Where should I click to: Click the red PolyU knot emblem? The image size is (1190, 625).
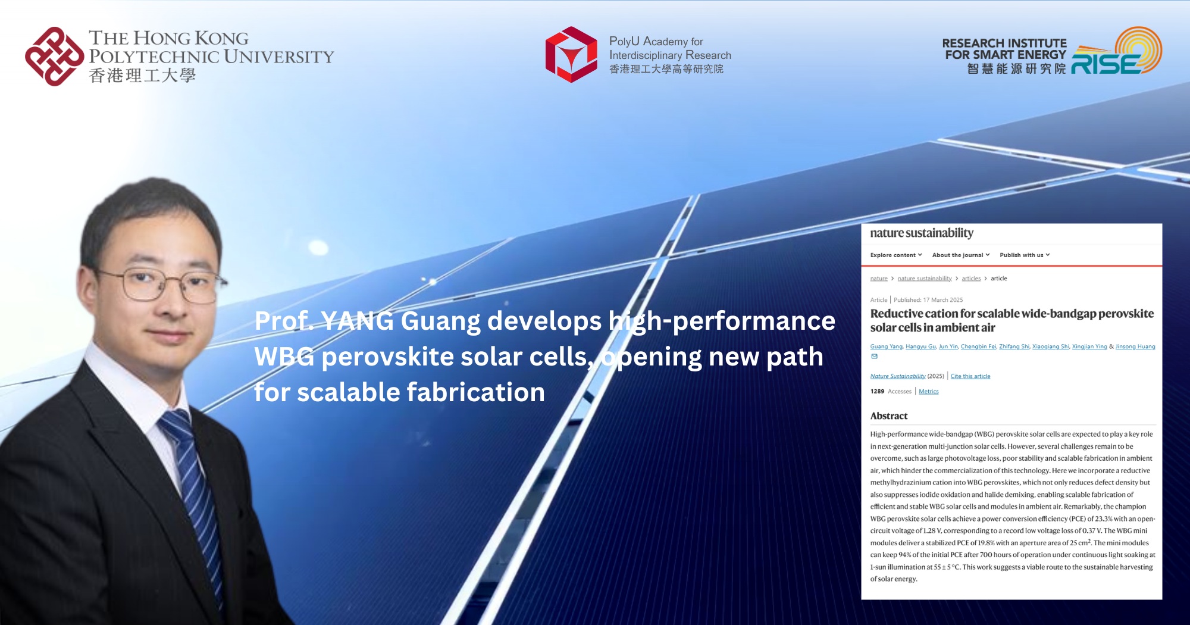[x=54, y=57]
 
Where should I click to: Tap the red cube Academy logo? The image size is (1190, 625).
[x=571, y=55]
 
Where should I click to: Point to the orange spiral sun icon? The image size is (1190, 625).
[x=1138, y=48]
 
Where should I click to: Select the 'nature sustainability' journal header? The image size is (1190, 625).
[x=921, y=233]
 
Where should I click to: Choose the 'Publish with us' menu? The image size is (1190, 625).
[x=1024, y=255]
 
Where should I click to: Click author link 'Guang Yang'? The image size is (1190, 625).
[x=886, y=346]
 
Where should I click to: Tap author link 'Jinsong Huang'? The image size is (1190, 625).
[x=1135, y=346]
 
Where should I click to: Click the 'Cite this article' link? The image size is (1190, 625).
[x=970, y=376]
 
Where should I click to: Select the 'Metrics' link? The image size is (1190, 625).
[x=928, y=392]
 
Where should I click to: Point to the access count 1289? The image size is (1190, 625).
[x=877, y=392]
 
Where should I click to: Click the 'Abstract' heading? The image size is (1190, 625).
[x=889, y=416]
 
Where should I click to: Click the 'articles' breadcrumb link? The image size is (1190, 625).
[x=971, y=279]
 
